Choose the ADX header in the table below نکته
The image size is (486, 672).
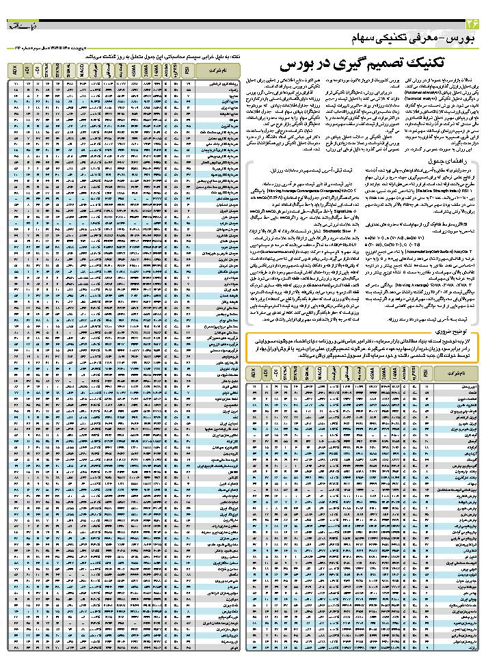pyautogui.click(x=16, y=70)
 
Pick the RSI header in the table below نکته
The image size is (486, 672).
pyautogui.click(x=186, y=70)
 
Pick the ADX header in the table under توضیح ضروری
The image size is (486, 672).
pyautogui.click(x=254, y=374)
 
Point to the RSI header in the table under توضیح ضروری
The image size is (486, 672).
pyautogui.click(x=426, y=374)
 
